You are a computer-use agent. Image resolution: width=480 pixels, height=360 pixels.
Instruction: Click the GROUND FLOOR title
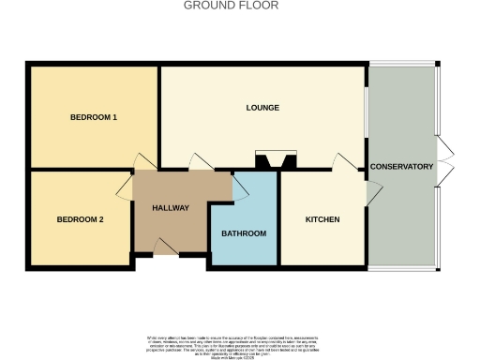231,6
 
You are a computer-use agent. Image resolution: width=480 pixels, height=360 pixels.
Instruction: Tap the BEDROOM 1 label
94,117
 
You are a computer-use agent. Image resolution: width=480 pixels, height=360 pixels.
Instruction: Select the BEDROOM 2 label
80,219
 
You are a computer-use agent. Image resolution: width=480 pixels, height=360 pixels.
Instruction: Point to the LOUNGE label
263,109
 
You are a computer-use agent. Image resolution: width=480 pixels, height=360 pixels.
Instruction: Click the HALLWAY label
172,208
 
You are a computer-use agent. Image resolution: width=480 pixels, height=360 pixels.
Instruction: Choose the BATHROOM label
244,233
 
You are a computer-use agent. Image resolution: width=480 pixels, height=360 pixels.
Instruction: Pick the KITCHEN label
322,219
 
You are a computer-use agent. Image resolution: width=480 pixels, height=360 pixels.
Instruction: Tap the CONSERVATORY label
401,167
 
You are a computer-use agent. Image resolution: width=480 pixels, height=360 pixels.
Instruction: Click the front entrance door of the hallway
165,247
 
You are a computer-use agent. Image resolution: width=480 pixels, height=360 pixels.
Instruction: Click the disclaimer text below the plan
239,343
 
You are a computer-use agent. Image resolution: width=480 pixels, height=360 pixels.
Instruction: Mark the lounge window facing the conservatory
367,117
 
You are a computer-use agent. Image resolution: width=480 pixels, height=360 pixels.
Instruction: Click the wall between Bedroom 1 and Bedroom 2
80,170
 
